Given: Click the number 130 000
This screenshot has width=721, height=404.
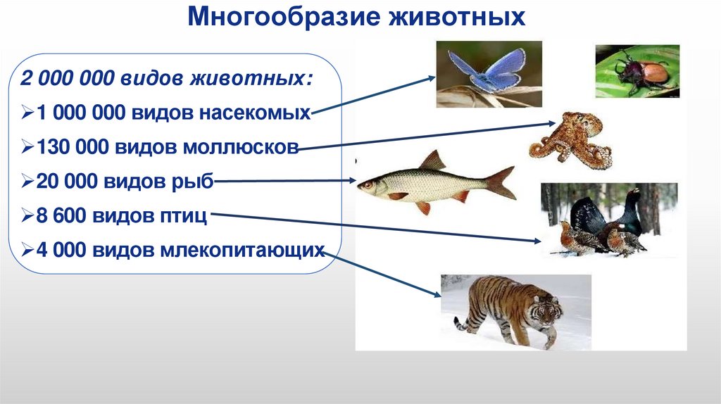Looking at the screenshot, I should [68, 146].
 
